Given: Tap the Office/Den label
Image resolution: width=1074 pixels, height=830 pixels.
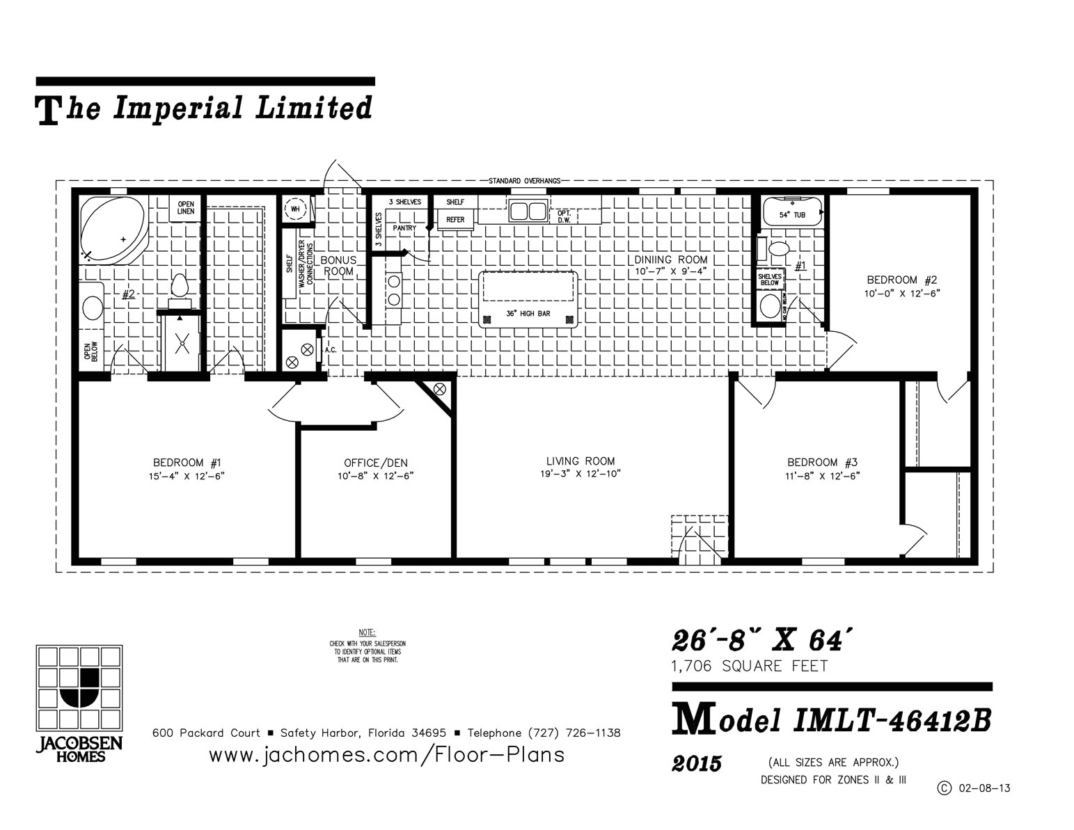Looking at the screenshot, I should click(x=375, y=463).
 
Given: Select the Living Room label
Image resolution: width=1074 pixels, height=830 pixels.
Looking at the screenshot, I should click(x=580, y=461).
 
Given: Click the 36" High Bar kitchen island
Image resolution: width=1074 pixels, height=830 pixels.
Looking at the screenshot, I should click(x=528, y=298).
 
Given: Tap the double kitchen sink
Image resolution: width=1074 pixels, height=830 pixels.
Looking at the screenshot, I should click(x=528, y=209).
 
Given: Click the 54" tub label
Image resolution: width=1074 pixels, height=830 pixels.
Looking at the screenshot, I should click(x=791, y=215).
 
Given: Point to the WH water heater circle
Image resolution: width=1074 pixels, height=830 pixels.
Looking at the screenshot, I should click(x=295, y=209).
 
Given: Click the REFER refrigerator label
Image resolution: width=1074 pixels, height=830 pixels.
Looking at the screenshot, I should click(x=455, y=220).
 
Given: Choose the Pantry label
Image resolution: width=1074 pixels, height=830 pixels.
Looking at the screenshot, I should click(x=404, y=228).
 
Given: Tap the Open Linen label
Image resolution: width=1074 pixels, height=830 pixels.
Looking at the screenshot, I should click(x=185, y=207).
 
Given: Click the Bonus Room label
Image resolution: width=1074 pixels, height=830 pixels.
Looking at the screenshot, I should click(x=338, y=265).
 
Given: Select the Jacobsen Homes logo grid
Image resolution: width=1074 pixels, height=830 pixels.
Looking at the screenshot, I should click(x=79, y=687).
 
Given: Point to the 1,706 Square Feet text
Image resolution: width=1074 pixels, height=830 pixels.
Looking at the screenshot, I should click(x=749, y=667).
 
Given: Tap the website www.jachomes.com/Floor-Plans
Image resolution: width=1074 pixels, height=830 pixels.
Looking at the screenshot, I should click(x=386, y=755).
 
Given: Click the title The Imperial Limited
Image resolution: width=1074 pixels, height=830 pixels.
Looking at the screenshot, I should click(x=204, y=109).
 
